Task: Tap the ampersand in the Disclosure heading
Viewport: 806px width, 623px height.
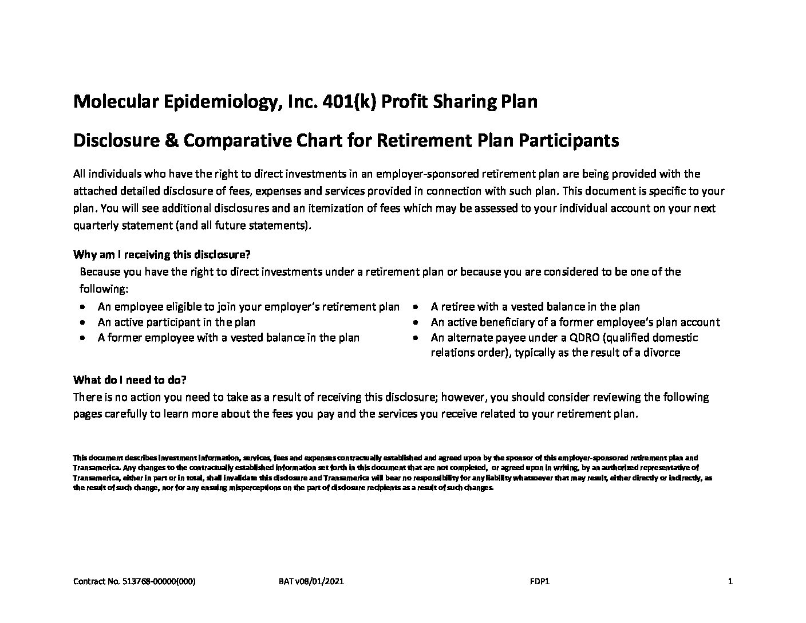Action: (171, 140)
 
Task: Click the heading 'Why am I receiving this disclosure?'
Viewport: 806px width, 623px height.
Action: (162, 254)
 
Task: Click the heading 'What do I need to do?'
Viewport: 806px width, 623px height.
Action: (130, 380)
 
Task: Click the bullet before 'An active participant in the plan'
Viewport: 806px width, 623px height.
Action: (84, 323)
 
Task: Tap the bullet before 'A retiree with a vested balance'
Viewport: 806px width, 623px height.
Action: (417, 307)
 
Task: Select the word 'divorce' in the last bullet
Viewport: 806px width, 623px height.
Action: (661, 353)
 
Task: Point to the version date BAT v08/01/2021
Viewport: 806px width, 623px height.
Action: (311, 582)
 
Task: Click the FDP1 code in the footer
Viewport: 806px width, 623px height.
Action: (540, 582)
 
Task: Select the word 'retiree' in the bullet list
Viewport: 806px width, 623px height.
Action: (456, 307)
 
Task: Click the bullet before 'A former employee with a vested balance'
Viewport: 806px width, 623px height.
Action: (84, 338)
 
